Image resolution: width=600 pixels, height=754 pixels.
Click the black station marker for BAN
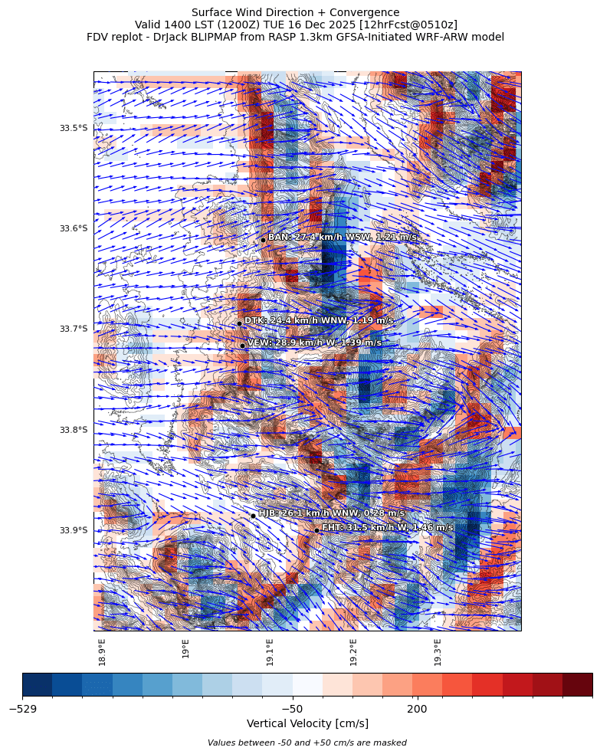coord(263,240)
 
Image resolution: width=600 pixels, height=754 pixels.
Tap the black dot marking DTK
coord(239,323)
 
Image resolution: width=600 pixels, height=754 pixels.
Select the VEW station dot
coord(242,346)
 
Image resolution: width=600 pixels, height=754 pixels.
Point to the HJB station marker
coord(253,516)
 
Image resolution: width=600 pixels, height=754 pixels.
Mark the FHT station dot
coord(316,530)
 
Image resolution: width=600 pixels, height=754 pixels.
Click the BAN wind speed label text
coord(342,238)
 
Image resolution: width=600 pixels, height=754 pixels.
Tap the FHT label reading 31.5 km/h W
coord(387,528)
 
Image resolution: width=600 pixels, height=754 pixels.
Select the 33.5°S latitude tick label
coord(74,128)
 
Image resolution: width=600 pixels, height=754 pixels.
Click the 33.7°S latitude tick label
coord(74,329)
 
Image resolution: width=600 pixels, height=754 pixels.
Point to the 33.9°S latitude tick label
coord(74,530)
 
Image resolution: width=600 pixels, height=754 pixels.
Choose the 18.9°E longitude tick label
coord(102,651)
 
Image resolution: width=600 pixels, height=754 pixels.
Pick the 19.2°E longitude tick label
coord(353,651)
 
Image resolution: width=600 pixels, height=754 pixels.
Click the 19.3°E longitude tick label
coord(438,651)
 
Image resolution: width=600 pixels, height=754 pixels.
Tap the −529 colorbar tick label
coord(23,709)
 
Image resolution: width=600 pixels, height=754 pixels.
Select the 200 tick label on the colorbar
coord(417,709)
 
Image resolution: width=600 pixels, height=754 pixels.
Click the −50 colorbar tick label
coord(293,709)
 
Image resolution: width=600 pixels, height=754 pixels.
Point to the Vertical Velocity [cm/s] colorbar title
coord(307,724)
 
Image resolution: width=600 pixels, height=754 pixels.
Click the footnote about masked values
coord(307,743)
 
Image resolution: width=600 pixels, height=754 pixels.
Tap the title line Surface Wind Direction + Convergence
coord(295,12)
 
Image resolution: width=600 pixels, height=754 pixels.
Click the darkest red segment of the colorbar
coord(577,684)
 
